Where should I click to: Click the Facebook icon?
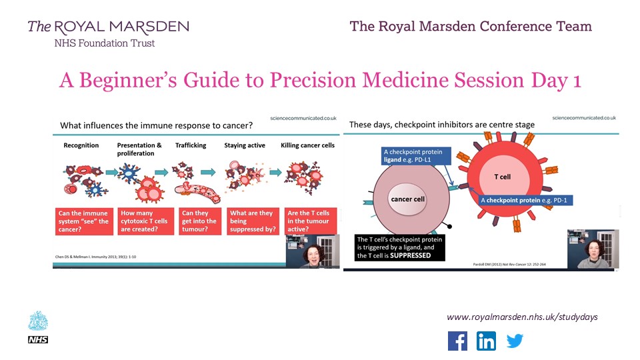click(457, 341)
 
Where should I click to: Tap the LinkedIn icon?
click(486, 341)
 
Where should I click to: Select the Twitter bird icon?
click(515, 341)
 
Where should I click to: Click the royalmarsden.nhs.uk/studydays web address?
click(522, 317)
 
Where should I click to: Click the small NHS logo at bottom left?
click(35, 340)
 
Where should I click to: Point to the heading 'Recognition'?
click(81, 145)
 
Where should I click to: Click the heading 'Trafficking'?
click(192, 145)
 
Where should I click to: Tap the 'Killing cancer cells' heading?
click(307, 145)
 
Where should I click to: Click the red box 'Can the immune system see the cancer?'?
click(83, 221)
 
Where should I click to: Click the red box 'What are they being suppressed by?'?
click(254, 221)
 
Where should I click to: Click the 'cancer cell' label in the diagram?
click(407, 199)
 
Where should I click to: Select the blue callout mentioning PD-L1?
click(417, 156)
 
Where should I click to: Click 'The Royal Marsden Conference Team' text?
click(471, 27)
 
